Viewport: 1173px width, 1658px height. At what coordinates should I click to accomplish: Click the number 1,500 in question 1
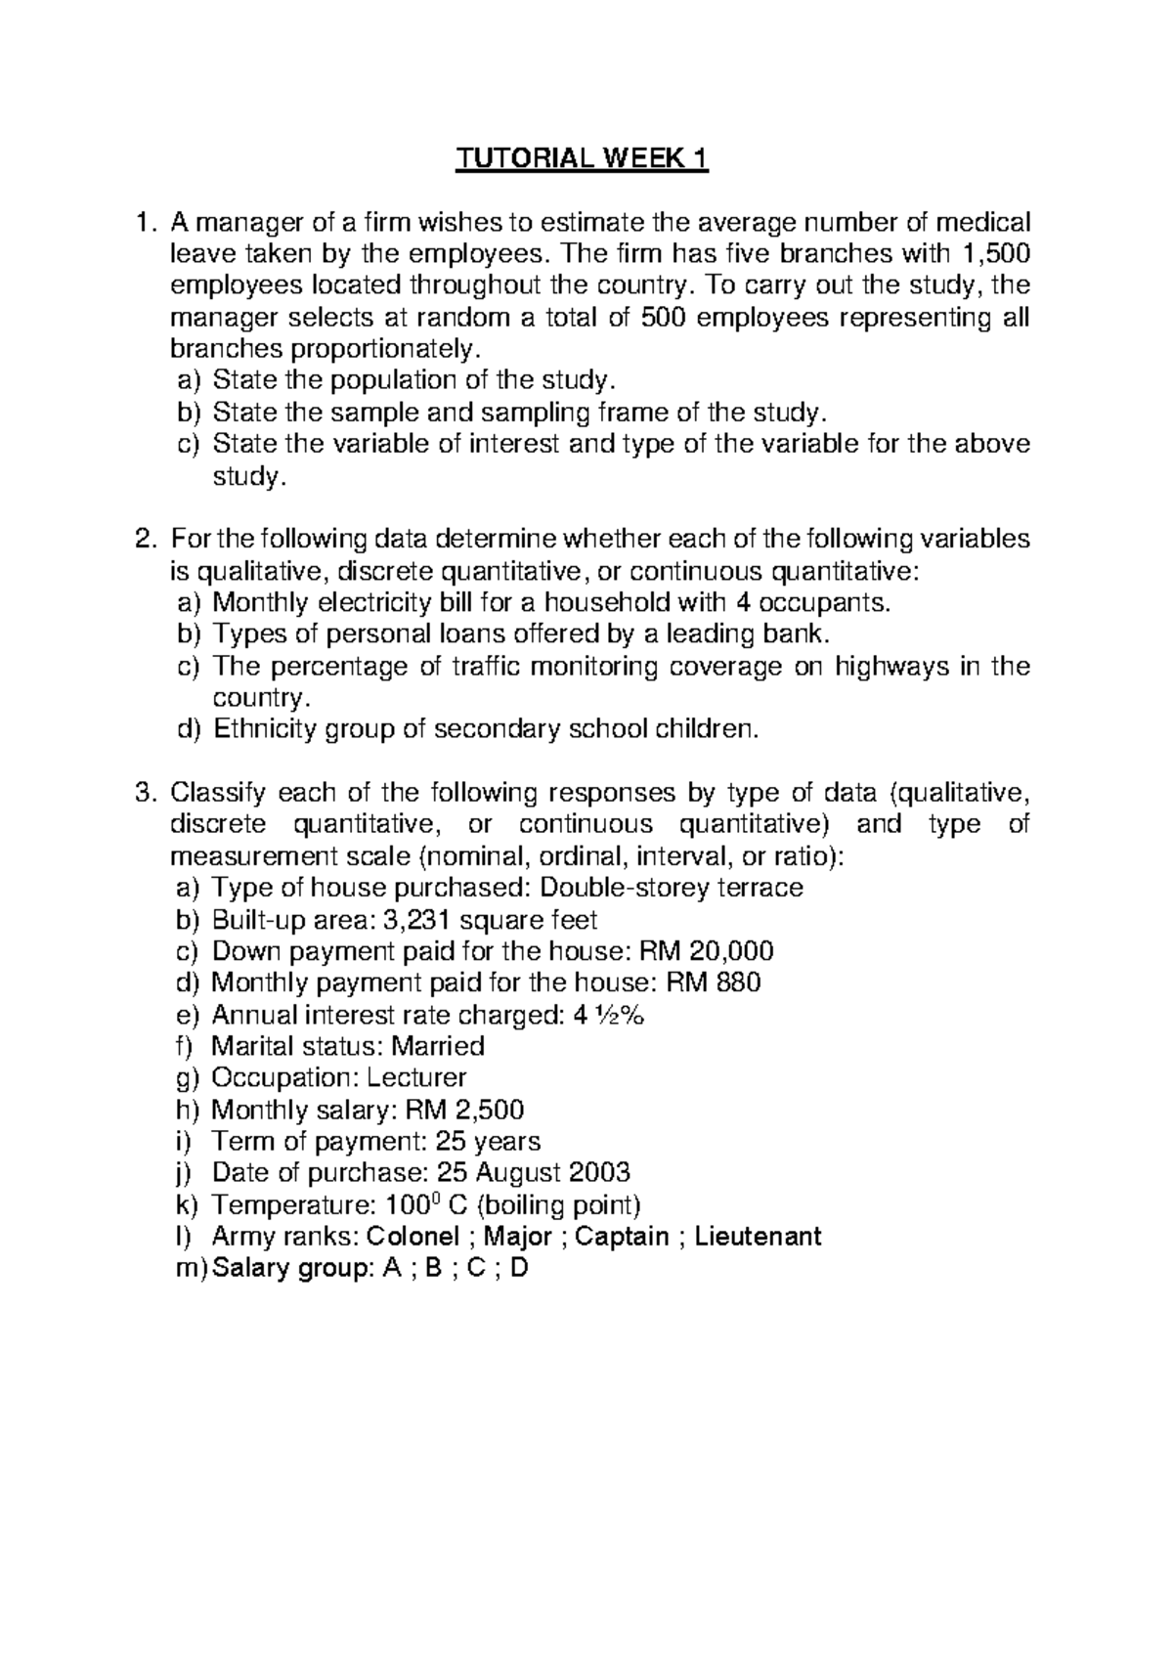tap(996, 254)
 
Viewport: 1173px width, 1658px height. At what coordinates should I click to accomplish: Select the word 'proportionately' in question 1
tap(401, 349)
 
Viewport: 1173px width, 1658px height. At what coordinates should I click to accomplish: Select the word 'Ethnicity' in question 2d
tap(269, 729)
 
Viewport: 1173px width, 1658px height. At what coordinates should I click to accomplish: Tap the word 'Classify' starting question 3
tap(218, 793)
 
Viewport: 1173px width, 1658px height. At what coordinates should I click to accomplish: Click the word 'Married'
tap(438, 1046)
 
